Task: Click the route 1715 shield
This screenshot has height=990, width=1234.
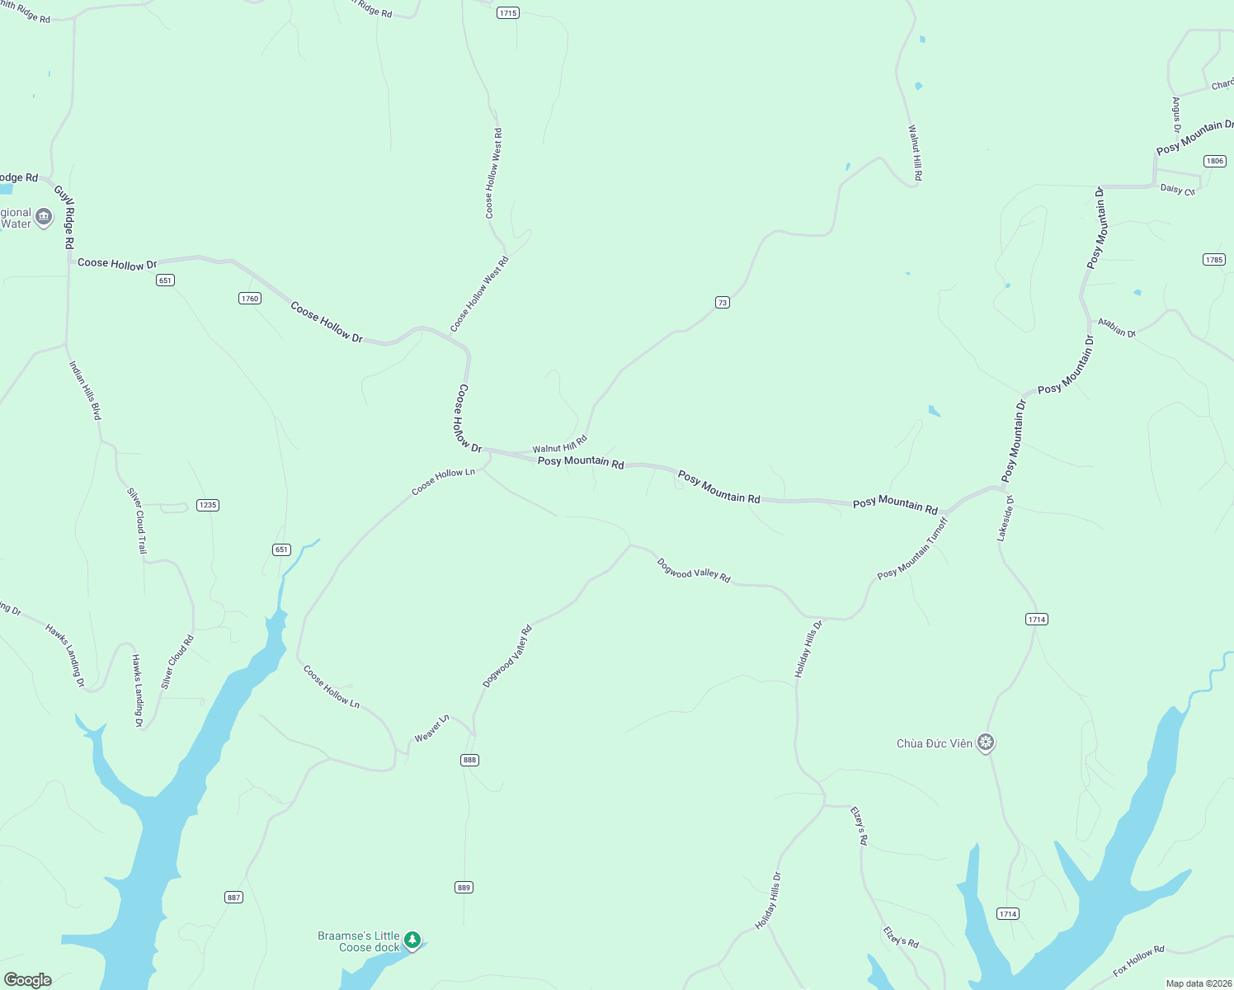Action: (507, 13)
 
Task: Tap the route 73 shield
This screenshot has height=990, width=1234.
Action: (722, 303)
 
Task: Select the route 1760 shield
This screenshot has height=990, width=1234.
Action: (250, 299)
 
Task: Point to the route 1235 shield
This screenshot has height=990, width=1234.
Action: (208, 505)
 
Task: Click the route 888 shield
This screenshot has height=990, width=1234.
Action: (469, 760)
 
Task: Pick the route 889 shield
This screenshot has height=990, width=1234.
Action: (464, 888)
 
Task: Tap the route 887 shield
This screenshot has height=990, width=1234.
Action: (234, 898)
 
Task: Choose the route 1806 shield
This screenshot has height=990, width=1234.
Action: (1214, 161)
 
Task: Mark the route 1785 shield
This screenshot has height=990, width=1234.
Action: (1213, 260)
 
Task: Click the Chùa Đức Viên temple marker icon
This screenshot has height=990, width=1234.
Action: (986, 742)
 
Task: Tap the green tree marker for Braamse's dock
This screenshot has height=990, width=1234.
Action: (412, 940)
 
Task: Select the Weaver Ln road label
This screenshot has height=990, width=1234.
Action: (431, 728)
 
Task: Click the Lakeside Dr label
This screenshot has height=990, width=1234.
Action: (1005, 519)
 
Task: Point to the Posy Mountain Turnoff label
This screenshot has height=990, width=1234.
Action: (912, 549)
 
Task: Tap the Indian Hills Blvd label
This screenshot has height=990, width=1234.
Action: (85, 390)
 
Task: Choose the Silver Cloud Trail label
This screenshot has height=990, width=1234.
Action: (137, 521)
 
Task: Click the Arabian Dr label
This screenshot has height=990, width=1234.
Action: (1116, 328)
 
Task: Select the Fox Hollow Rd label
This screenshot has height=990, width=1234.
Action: (1138, 961)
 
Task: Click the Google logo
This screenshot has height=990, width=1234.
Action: (27, 979)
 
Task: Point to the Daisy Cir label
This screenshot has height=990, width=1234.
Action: (1177, 190)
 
